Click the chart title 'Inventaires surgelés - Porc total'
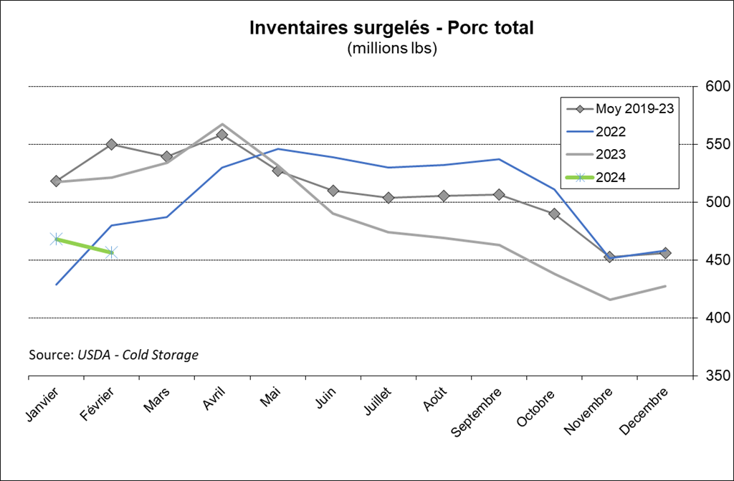click(x=391, y=27)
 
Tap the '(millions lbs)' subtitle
click(x=391, y=49)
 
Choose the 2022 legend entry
click(x=610, y=132)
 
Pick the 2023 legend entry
click(x=610, y=154)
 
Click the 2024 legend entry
click(x=610, y=177)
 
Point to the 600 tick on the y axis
click(x=717, y=87)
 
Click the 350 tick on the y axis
click(x=717, y=376)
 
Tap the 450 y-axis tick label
click(x=717, y=260)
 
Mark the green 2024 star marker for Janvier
click(x=56, y=239)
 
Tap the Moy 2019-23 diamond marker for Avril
click(x=222, y=135)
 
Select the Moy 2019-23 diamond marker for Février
click(x=112, y=144)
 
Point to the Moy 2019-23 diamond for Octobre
click(x=554, y=214)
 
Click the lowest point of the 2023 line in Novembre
click(x=610, y=300)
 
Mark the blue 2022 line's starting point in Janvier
click(x=56, y=285)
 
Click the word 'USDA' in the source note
click(x=96, y=355)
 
